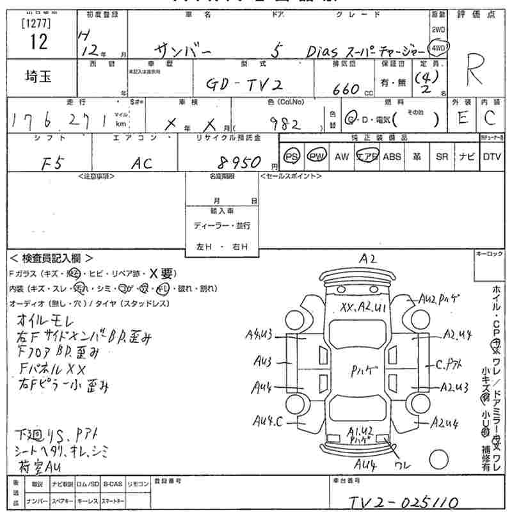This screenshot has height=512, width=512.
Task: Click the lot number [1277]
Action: [38, 24]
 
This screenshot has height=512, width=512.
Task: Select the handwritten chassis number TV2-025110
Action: [403, 500]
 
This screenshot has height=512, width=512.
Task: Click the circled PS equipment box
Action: [292, 156]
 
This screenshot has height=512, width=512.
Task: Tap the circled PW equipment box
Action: [316, 156]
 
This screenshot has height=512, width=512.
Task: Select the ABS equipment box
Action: [392, 156]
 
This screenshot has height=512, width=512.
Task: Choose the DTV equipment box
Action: [492, 156]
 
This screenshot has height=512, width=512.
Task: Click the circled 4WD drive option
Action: [438, 47]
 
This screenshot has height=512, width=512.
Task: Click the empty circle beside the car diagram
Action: [438, 459]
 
